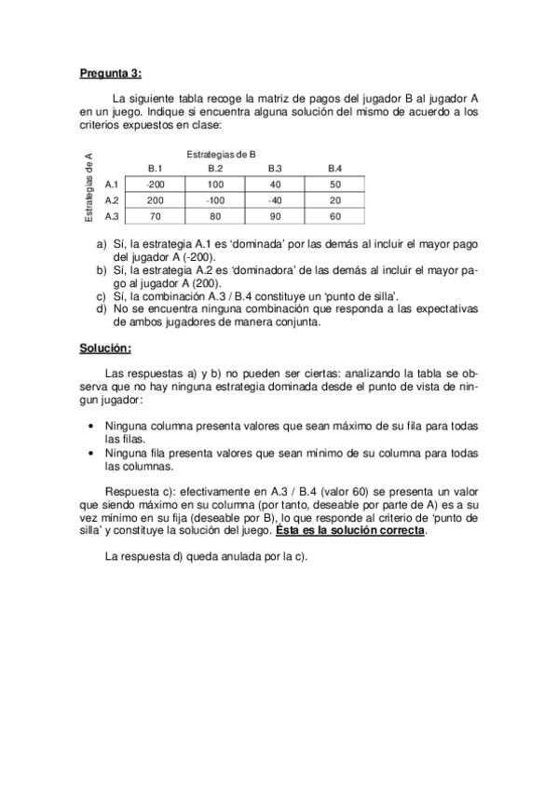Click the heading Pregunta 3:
pyautogui.click(x=110, y=75)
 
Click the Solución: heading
pyautogui.click(x=104, y=349)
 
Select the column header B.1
pyautogui.click(x=156, y=168)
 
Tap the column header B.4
pyautogui.click(x=334, y=168)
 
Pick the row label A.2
pyautogui.click(x=112, y=200)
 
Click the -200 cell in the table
pyautogui.click(x=156, y=184)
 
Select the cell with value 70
pyautogui.click(x=156, y=216)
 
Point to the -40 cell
pyautogui.click(x=275, y=200)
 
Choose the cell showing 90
pyautogui.click(x=275, y=216)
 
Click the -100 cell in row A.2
pyautogui.click(x=215, y=200)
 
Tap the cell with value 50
pyautogui.click(x=334, y=184)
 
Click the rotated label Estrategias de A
pyautogui.click(x=88, y=186)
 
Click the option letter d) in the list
pyautogui.click(x=102, y=309)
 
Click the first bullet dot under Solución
pyautogui.click(x=89, y=425)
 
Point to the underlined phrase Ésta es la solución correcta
pyautogui.click(x=350, y=530)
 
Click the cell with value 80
pyautogui.click(x=215, y=216)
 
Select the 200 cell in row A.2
pyautogui.click(x=156, y=200)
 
